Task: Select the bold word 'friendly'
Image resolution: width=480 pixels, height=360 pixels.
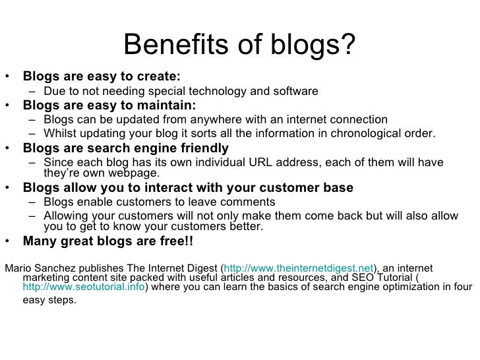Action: tap(204, 148)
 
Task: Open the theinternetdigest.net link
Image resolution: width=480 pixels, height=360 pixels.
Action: tap(299, 268)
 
